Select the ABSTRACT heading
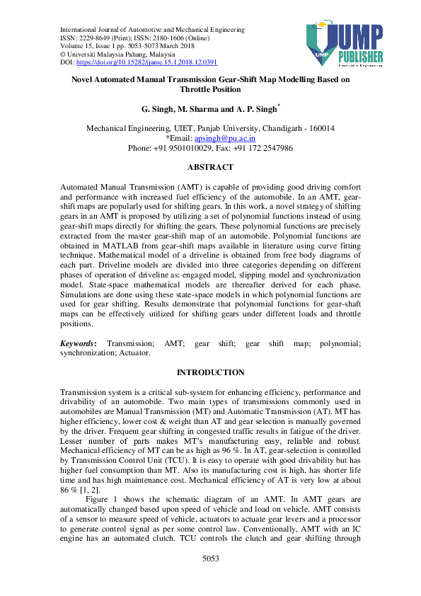click(x=210, y=167)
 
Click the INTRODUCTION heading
click(x=210, y=372)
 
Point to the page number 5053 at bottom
click(x=210, y=578)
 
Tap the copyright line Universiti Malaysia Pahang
click(x=120, y=55)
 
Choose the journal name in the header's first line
click(x=152, y=30)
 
